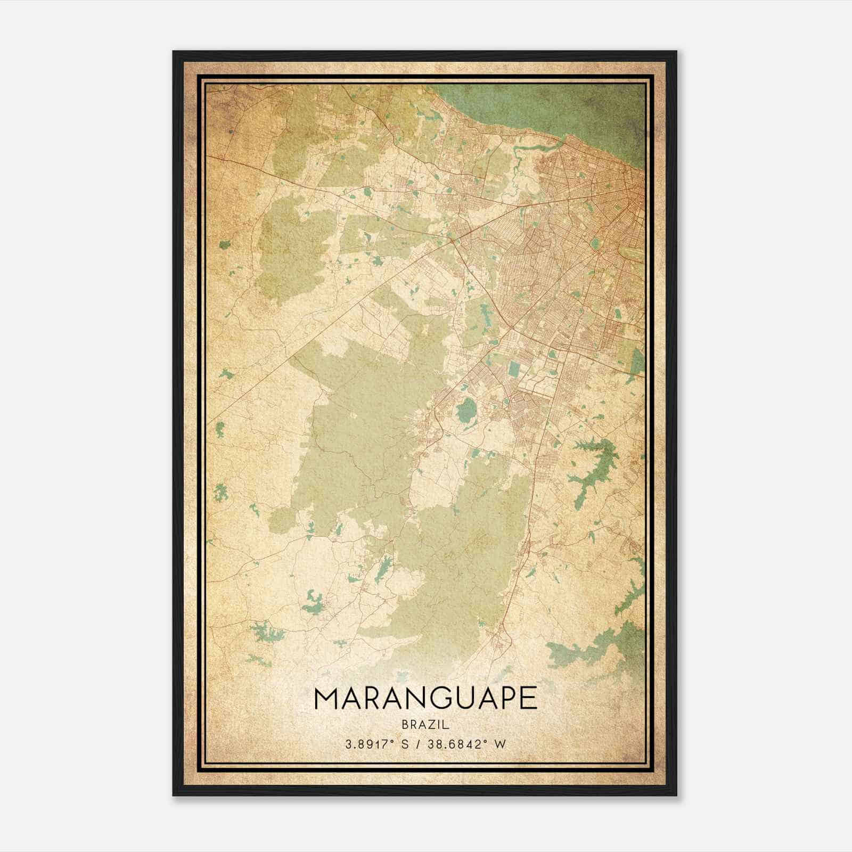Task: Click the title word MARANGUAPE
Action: pos(425,699)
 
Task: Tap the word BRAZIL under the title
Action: pos(425,725)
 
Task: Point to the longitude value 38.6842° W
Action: pos(466,745)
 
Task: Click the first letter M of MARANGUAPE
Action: pos(326,699)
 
